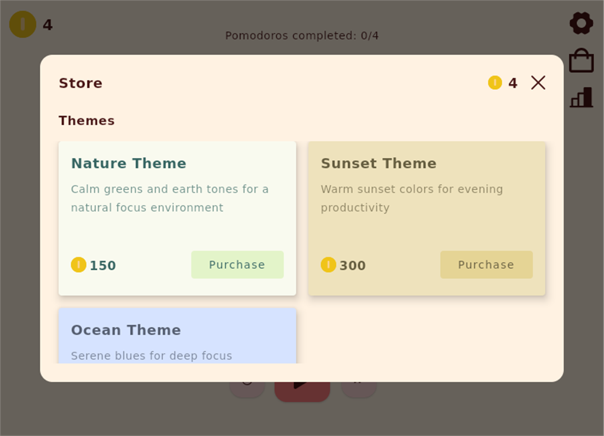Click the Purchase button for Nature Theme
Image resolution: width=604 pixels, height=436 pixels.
(x=237, y=265)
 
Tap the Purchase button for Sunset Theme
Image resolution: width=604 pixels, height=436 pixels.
(x=486, y=265)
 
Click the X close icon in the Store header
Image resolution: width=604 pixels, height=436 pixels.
(x=538, y=83)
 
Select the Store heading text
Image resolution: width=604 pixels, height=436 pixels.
(x=80, y=83)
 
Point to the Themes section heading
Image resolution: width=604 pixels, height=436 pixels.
(x=86, y=121)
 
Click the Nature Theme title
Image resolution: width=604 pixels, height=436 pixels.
(x=128, y=163)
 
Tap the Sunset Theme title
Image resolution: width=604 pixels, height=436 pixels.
(x=378, y=163)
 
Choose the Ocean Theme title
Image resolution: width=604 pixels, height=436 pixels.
(x=126, y=330)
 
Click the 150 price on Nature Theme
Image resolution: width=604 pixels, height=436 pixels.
(x=103, y=265)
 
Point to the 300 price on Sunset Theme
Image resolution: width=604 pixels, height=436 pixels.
(x=353, y=265)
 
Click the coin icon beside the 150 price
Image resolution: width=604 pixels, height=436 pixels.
(x=79, y=265)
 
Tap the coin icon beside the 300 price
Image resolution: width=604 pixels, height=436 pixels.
(x=328, y=265)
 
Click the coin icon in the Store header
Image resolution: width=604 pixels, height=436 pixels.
(x=495, y=83)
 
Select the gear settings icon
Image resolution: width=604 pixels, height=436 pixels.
(x=581, y=23)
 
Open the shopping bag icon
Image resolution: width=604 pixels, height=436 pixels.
(x=581, y=60)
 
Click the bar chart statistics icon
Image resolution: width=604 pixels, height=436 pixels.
(x=581, y=98)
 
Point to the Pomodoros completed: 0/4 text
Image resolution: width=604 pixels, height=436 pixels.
(x=302, y=36)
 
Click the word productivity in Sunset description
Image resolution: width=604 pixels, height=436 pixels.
(x=355, y=208)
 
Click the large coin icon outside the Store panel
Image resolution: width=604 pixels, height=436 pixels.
(x=23, y=24)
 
